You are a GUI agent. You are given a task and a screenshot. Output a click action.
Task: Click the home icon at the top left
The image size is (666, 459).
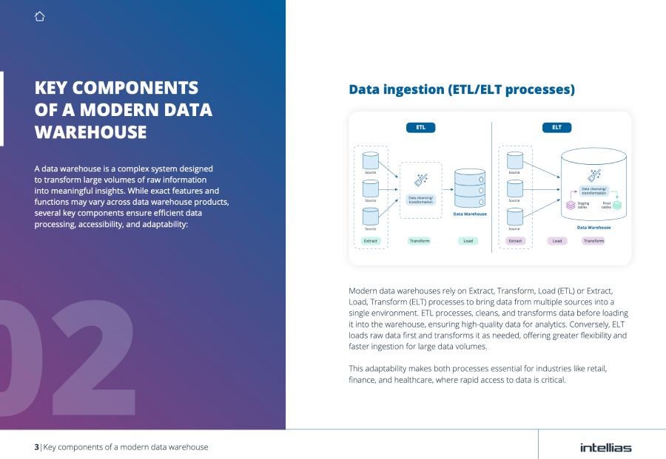point(40,16)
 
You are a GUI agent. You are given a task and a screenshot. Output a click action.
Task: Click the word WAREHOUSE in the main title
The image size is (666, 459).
point(90,132)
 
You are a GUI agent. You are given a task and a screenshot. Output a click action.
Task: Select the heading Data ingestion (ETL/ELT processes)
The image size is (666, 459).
point(462,90)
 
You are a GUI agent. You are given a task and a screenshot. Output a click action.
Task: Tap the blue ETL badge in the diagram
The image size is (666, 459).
point(420,127)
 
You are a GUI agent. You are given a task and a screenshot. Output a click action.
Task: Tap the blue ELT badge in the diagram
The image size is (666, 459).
point(556,127)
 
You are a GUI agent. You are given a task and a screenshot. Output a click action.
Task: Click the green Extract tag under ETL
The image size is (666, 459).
point(371,241)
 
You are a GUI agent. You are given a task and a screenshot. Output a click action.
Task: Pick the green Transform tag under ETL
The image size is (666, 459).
point(420,241)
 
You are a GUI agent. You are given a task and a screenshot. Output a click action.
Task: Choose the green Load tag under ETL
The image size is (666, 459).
point(468,241)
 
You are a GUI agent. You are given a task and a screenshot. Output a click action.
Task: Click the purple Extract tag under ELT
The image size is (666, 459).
point(515,241)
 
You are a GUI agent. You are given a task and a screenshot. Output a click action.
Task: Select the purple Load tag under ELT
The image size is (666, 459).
point(557,241)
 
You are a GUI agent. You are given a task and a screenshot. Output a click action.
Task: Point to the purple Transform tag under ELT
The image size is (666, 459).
point(593,241)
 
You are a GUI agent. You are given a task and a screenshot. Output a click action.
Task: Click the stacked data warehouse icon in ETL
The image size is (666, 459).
point(469,188)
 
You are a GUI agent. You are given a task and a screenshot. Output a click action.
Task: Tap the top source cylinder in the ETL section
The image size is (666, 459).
point(370,160)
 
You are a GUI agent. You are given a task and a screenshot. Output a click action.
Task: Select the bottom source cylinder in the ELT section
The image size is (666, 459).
point(514,217)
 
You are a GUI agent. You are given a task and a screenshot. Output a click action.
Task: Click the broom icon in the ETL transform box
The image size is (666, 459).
point(420,180)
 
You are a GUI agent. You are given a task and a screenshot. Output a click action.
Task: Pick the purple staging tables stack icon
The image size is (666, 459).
point(571,205)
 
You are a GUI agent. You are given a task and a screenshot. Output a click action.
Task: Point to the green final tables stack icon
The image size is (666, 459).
point(617,205)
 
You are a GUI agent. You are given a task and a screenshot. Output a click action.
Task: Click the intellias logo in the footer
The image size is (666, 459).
point(605,447)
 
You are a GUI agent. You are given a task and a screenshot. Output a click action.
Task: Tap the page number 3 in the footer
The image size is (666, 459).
point(36,447)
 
